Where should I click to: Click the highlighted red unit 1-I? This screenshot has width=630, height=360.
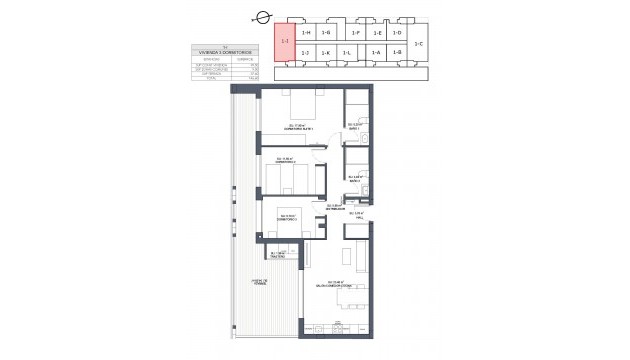pyautogui.click(x=285, y=42)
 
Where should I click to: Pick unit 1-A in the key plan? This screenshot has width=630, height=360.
pyautogui.click(x=376, y=53)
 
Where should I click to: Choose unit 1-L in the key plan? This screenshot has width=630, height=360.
pyautogui.click(x=347, y=53)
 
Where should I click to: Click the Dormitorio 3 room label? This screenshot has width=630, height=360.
pyautogui.click(x=290, y=219)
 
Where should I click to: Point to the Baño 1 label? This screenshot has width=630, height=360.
pyautogui.click(x=355, y=127)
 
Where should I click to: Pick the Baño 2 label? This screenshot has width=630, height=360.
pyautogui.click(x=354, y=179)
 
